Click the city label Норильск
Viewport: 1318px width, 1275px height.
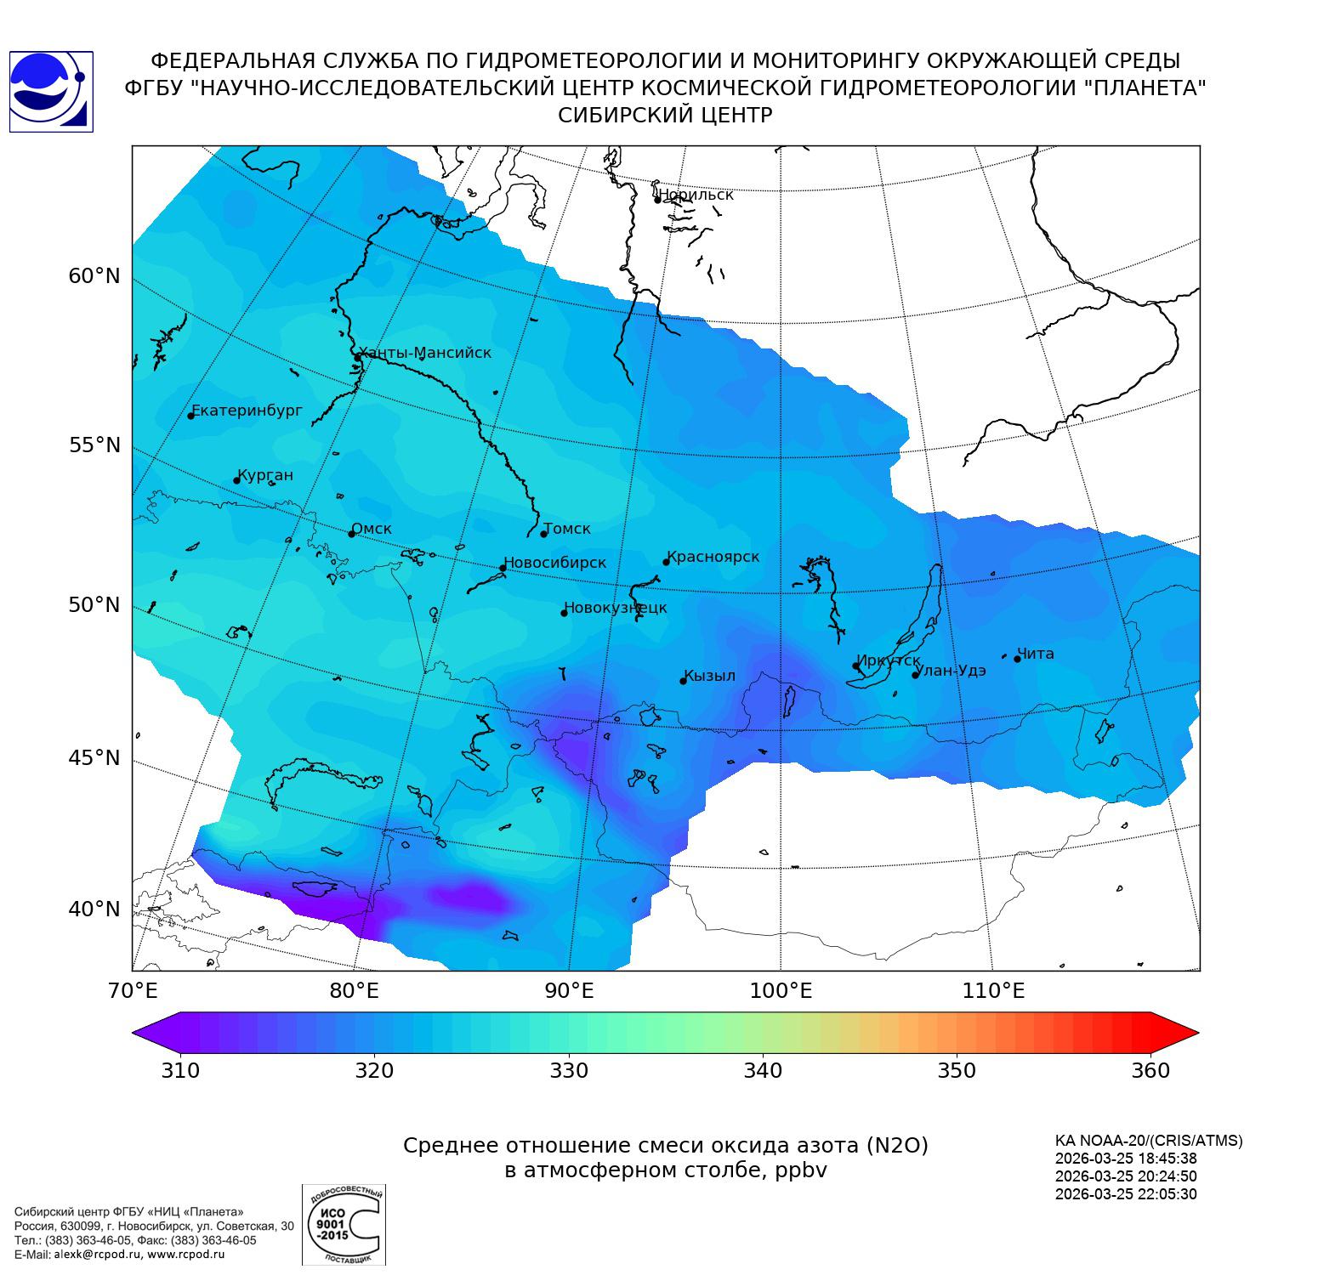696,195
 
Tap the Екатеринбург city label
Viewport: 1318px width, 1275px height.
247,411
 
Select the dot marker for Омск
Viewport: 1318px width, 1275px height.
351,534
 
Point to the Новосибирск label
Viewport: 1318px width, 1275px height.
556,563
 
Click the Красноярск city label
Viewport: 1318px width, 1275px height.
713,558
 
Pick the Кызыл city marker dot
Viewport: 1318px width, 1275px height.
683,681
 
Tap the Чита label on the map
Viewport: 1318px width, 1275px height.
1036,654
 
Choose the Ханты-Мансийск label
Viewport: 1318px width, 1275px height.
425,353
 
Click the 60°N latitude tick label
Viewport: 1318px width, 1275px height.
94,276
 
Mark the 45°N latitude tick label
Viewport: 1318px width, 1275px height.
94,757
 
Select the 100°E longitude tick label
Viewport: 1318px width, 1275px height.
781,991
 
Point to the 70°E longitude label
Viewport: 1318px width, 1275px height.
132,991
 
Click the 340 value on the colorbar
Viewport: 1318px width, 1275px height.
763,1070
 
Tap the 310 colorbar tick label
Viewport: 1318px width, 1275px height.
180,1070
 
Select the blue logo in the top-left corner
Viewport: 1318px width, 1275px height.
51,92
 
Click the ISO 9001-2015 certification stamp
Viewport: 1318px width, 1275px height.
344,1225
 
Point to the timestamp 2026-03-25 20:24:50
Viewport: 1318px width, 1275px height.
1125,1176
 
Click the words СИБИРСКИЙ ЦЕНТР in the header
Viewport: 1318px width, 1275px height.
665,116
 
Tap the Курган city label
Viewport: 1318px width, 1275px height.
265,475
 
